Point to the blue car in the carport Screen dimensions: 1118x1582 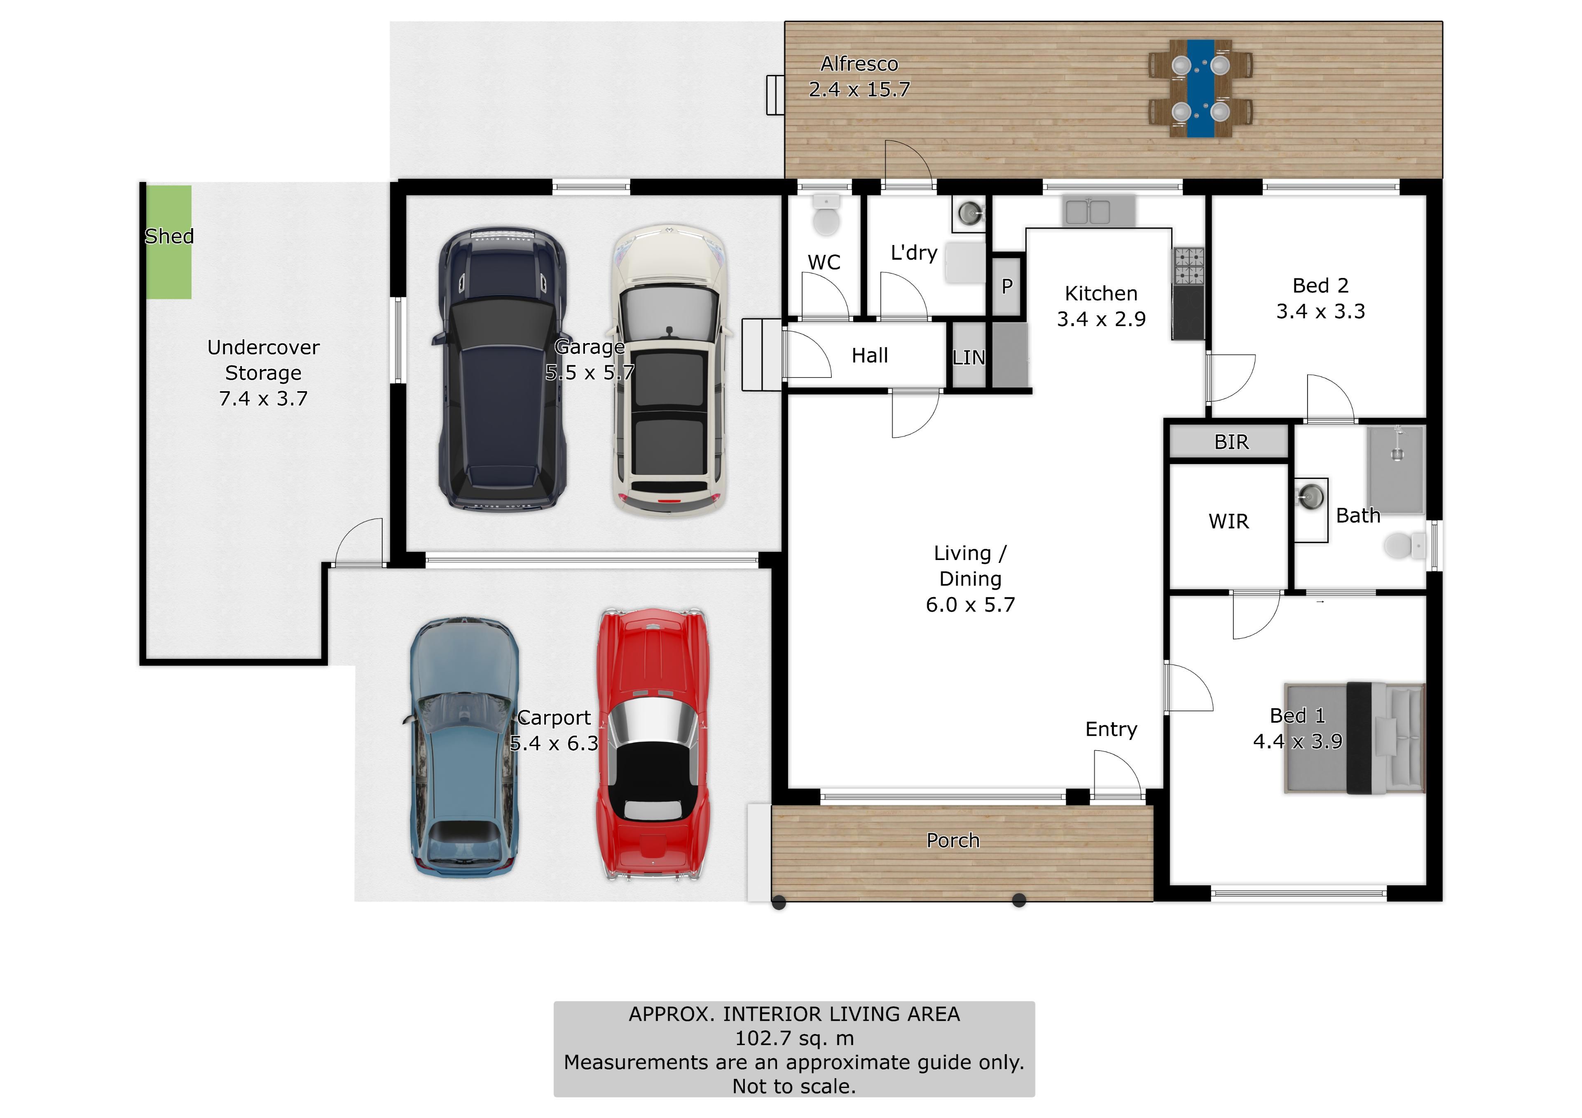coord(464,747)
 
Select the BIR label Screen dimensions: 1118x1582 coord(1231,441)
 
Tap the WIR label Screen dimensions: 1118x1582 coord(1229,521)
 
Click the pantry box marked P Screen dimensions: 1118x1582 coord(1006,286)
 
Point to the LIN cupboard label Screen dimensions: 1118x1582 coord(968,357)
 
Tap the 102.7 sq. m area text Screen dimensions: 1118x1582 coord(794,1038)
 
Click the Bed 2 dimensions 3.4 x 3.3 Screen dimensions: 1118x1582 coord(1320,311)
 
